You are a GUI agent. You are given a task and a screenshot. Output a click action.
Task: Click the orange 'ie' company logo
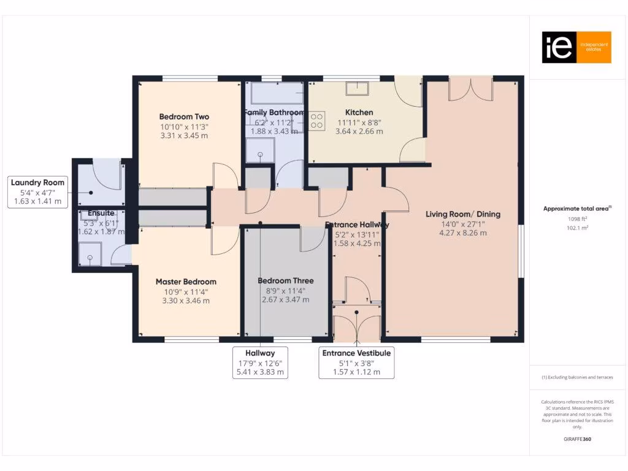point(576,47)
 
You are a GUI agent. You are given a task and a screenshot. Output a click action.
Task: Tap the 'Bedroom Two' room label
point(184,117)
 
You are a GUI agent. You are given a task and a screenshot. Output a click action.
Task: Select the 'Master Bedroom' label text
point(186,281)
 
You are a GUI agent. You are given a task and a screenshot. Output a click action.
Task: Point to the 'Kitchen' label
point(359,112)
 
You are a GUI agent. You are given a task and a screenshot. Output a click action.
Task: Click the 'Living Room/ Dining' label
point(463,214)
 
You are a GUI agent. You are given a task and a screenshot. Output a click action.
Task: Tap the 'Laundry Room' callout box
point(37,191)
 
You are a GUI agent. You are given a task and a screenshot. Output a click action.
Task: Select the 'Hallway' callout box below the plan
point(260,362)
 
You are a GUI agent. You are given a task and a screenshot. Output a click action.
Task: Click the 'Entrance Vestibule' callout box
point(356,362)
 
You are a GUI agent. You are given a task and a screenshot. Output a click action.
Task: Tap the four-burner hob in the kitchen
point(317,121)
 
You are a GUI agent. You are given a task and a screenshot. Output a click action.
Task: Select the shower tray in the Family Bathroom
point(260,150)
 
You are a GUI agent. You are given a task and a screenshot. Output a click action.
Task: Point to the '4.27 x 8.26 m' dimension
point(463,232)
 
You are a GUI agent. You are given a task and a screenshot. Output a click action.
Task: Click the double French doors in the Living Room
point(470,89)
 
